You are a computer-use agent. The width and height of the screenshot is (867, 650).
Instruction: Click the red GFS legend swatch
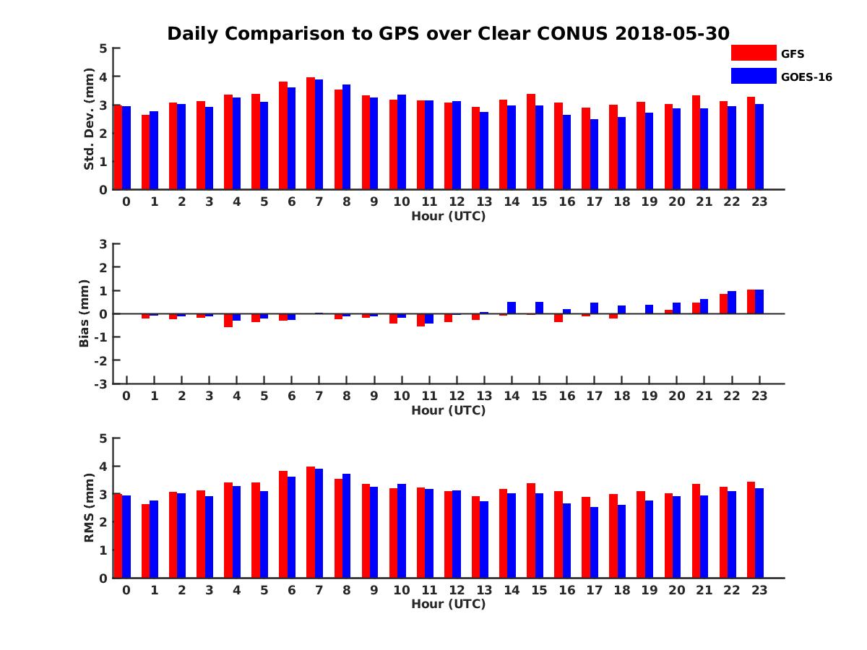click(753, 53)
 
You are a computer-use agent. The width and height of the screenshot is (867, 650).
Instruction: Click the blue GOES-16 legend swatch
click(753, 76)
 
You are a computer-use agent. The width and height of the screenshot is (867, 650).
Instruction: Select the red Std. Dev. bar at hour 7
click(311, 134)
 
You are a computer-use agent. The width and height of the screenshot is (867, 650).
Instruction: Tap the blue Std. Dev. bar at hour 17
click(594, 155)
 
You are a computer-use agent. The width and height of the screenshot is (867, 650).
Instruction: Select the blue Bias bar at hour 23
click(759, 302)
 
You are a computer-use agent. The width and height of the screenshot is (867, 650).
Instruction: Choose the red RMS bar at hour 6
click(283, 524)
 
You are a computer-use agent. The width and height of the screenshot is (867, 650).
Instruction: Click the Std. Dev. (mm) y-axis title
click(89, 119)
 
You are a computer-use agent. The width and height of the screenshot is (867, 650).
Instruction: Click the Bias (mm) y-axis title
click(85, 313)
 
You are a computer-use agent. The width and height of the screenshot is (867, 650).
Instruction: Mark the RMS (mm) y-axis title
click(89, 508)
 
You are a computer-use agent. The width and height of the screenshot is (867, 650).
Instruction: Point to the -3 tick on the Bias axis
click(102, 383)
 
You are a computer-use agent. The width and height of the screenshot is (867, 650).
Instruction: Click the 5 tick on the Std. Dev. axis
click(104, 48)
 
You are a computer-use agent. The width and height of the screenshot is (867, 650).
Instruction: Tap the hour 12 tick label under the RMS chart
click(457, 589)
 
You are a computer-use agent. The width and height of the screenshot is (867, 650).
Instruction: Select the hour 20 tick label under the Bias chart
click(676, 396)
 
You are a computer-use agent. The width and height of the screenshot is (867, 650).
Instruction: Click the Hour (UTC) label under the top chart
click(448, 216)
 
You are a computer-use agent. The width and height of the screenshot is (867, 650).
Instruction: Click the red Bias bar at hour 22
click(723, 304)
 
